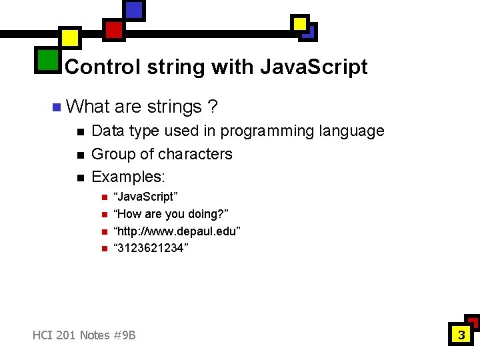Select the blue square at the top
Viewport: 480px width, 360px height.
(134, 10)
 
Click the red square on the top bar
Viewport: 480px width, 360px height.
(114, 29)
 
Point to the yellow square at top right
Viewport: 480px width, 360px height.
(301, 24)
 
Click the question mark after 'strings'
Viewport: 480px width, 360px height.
(211, 107)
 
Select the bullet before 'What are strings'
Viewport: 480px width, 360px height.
(56, 107)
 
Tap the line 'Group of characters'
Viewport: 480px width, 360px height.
(161, 154)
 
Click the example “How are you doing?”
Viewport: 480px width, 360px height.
(171, 214)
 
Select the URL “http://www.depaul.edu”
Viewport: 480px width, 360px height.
(177, 231)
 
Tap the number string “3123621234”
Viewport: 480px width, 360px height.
(151, 248)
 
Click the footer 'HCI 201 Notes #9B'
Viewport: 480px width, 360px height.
(84, 335)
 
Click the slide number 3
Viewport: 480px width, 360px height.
(460, 335)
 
